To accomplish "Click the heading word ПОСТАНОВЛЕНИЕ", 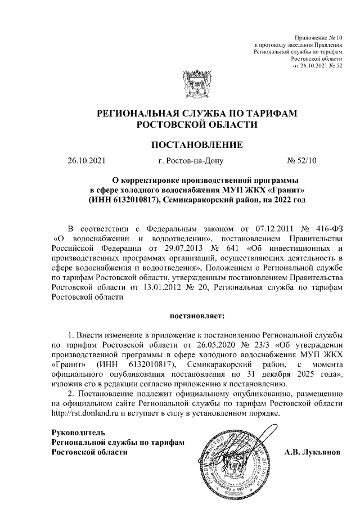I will pos(197,145).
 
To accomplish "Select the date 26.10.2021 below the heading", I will pos(86,161).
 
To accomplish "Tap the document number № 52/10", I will pos(302,161).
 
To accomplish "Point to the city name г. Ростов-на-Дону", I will pos(191,161).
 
